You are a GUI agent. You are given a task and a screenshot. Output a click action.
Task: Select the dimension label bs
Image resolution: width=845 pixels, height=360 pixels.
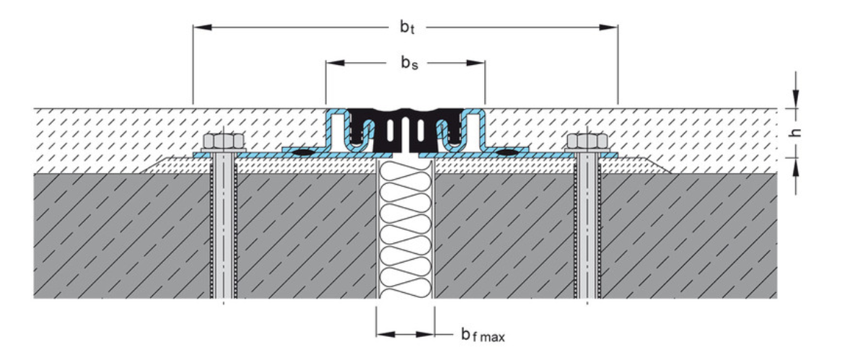pyautogui.click(x=408, y=63)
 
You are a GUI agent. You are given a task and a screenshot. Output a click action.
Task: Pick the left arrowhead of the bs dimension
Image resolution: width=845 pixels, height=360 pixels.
pyautogui.click(x=333, y=63)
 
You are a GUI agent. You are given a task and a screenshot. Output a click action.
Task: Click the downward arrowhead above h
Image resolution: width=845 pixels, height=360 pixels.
pyautogui.click(x=796, y=100)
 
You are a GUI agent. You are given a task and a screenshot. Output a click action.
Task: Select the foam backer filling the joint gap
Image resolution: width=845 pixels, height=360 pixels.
pyautogui.click(x=406, y=231)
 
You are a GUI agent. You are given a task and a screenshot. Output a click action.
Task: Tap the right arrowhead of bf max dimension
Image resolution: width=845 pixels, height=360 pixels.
pyautogui.click(x=427, y=333)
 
